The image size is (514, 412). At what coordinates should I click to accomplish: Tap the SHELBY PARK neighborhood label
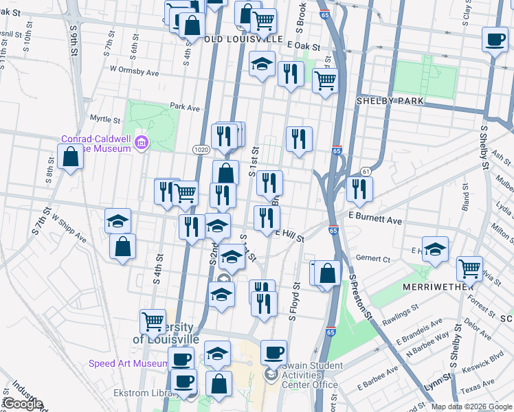click(x=389, y=101)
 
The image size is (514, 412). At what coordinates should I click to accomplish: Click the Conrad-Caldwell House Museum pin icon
click(x=142, y=143)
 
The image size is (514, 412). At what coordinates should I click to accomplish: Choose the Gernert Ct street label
click(x=373, y=260)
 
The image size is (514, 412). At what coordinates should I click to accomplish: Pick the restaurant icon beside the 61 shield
click(x=359, y=187)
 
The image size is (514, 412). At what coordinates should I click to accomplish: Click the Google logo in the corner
click(x=22, y=404)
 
